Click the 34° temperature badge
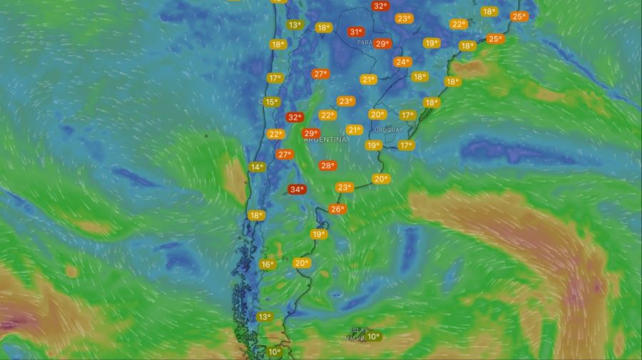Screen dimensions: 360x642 pos(297,190)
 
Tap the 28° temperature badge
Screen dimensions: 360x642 pos(327,165)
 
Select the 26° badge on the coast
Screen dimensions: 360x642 pos(337,210)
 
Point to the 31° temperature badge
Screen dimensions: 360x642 pos(356,32)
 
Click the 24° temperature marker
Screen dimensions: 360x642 pos(402,62)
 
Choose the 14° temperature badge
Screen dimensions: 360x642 pos(257,168)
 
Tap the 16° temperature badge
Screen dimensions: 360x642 pos(267,264)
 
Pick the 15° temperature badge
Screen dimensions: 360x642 pos(271,102)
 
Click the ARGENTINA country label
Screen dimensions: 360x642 pos(325,140)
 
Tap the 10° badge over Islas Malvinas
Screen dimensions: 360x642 pos(374,336)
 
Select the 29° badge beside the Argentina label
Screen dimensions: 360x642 pos(311,133)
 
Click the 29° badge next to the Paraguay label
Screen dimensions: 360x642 pos(383,44)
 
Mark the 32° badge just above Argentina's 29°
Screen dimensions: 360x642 pos(294,117)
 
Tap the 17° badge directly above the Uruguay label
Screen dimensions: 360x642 pos(407,115)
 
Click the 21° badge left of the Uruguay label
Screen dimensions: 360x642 pos(355,130)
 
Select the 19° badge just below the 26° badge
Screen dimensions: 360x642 pos(318,234)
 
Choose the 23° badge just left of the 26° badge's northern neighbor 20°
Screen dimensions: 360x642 pos(345,187)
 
